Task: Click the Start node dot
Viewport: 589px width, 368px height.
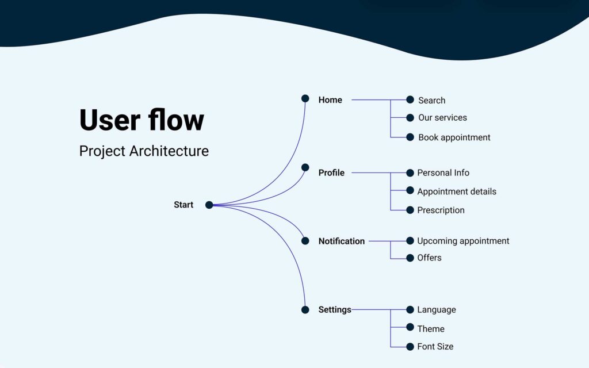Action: [209, 205]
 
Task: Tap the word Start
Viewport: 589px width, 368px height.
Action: [183, 205]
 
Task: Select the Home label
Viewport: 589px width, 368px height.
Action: [330, 100]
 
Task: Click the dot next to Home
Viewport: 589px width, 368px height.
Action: [305, 98]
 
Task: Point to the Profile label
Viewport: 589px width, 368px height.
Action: [331, 172]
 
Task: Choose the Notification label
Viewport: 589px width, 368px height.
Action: [342, 241]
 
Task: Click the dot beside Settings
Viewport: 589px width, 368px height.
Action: [305, 309]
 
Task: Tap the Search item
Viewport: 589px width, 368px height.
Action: [431, 100]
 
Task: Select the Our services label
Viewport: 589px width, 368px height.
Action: [442, 117]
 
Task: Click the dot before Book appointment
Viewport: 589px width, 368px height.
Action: [410, 137]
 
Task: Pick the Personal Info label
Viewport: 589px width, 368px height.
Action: [443, 172]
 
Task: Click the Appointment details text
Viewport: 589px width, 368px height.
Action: [457, 191]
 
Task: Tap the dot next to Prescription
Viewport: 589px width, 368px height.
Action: [410, 210]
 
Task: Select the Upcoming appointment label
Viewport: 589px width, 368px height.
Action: [463, 241]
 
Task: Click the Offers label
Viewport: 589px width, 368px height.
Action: [429, 258]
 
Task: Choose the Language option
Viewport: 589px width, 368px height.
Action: [437, 310]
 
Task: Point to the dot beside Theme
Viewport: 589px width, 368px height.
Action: [410, 327]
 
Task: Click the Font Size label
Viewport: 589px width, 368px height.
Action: [435, 346]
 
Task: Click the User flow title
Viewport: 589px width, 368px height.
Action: [141, 120]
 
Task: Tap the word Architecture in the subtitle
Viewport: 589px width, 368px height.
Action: [169, 151]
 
